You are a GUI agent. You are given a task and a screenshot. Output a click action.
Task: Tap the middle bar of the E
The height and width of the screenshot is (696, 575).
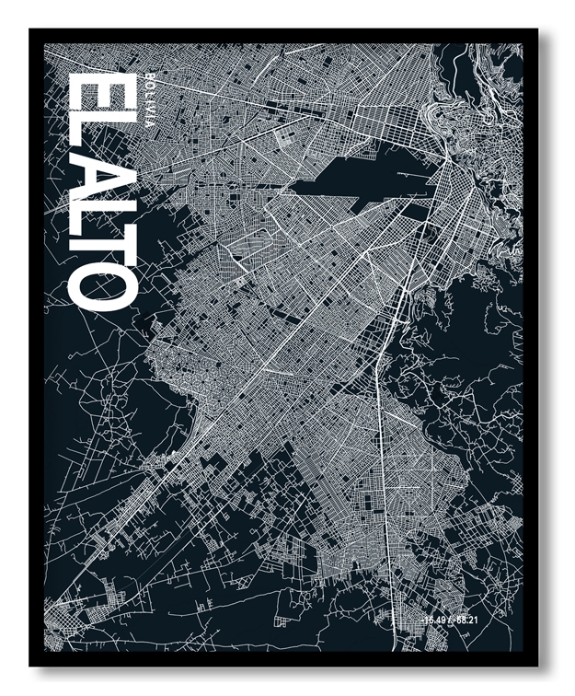click(x=102, y=95)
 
